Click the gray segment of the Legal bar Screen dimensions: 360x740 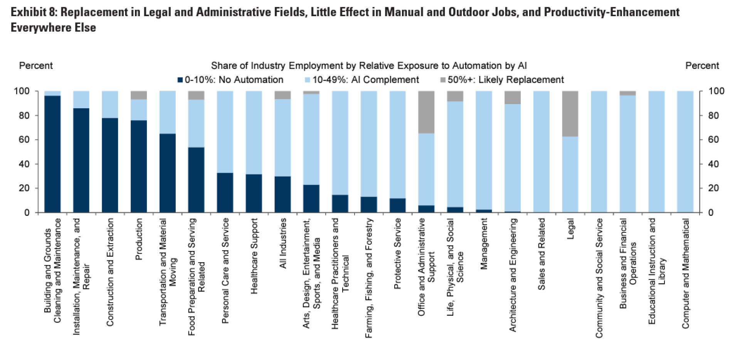pyautogui.click(x=570, y=114)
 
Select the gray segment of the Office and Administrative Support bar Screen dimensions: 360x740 pyautogui.click(x=426, y=112)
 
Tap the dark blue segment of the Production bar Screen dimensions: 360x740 pyautogui.click(x=139, y=167)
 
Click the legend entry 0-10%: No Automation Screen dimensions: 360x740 pyautogui.click(x=230, y=80)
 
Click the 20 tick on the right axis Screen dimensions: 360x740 pyautogui.click(x=713, y=188)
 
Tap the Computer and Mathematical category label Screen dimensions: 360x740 pyautogui.click(x=685, y=273)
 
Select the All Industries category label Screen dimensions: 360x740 pyautogui.click(x=283, y=243)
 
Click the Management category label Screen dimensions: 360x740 pyautogui.click(x=484, y=244)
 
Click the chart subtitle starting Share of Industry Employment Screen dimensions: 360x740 pyautogui.click(x=368, y=66)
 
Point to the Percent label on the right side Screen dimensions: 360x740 pyautogui.click(x=702, y=66)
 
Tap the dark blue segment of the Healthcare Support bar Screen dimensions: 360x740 pyautogui.click(x=254, y=193)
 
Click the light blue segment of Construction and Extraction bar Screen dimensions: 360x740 pyautogui.click(x=110, y=104)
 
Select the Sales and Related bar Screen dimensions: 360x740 pyautogui.click(x=541, y=152)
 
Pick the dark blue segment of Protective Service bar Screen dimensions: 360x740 pyautogui.click(x=397, y=205)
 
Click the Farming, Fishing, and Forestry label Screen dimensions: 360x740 pyautogui.click(x=369, y=278)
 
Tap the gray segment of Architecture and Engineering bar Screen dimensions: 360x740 pyautogui.click(x=513, y=98)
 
